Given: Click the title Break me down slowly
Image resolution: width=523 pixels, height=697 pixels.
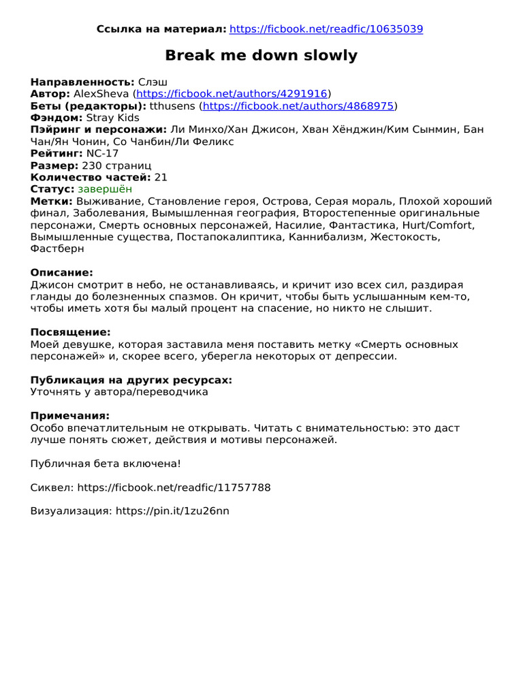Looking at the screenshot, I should [x=261, y=56].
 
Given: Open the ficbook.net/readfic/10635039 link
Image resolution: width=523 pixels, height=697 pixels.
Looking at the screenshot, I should [x=326, y=29].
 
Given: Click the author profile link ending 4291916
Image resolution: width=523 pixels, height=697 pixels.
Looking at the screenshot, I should [x=232, y=94].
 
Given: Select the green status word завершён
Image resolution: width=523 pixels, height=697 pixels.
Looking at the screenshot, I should [x=105, y=189].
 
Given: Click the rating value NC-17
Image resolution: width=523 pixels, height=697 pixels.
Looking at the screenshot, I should [x=102, y=154].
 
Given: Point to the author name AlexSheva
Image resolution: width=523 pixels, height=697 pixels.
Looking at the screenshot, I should [x=101, y=94].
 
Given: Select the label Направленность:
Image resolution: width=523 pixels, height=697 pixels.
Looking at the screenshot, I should [x=82, y=82].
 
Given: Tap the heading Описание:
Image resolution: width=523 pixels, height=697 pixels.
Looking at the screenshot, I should [x=61, y=272].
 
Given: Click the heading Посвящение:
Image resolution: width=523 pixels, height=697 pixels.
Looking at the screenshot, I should [x=70, y=332].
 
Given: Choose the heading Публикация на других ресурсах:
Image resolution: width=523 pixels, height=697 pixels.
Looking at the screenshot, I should [x=131, y=380].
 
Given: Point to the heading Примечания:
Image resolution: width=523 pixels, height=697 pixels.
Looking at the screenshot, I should [x=69, y=416].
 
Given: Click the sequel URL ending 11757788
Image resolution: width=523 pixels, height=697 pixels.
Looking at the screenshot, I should [x=174, y=487].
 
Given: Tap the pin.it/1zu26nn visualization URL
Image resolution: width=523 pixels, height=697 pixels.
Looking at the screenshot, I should [x=172, y=511].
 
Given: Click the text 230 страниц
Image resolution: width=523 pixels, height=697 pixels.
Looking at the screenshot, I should [x=116, y=165].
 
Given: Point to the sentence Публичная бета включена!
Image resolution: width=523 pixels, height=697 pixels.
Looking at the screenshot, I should [x=106, y=464].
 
